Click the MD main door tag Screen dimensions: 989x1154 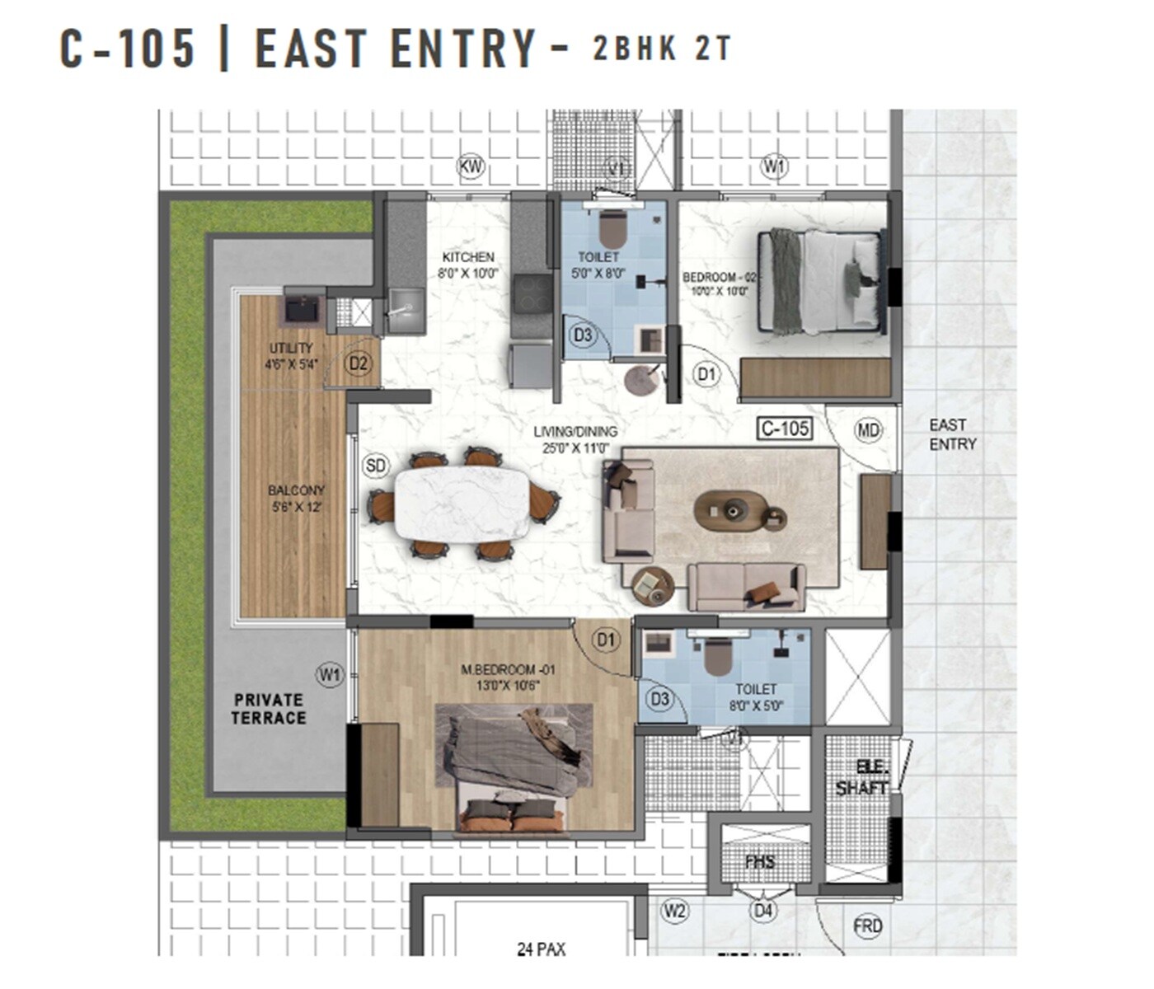pos(868,429)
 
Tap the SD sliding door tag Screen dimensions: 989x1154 pos(375,466)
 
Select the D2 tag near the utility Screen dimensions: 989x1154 pos(358,363)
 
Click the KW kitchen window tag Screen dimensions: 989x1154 pos(471,167)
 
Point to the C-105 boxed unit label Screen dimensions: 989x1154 pos(785,428)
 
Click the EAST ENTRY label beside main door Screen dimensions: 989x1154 pos(952,434)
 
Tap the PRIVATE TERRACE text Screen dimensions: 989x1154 pos(268,709)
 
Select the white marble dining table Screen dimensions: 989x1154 pos(462,504)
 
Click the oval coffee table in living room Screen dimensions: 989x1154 pos(730,511)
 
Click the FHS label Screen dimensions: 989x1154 pos(759,862)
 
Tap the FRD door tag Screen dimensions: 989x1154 pos(867,926)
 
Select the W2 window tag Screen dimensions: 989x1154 pos(674,911)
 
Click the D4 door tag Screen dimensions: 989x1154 pos(763,911)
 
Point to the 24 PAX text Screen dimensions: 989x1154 pos(541,949)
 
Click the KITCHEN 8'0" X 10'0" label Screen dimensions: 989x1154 pos(468,265)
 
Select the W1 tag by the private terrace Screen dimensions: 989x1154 pos(330,675)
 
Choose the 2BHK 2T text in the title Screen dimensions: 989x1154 pos(661,49)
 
